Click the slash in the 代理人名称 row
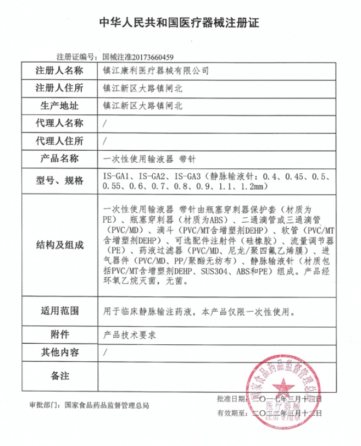tap(104, 123)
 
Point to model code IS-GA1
tap(115, 177)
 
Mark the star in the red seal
tap(286, 390)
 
